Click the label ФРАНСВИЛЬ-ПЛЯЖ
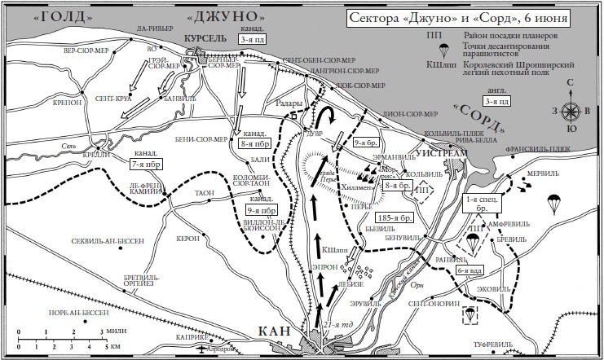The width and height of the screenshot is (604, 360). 562,149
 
